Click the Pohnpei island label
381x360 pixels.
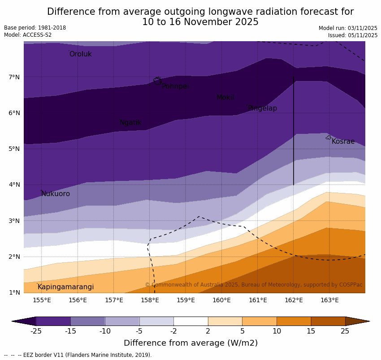[175, 86]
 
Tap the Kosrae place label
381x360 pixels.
[343, 141]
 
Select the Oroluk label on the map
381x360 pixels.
[81, 54]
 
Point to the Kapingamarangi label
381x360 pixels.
[65, 287]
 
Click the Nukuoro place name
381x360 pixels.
[56, 194]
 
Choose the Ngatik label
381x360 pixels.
[130, 123]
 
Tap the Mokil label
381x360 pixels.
[225, 98]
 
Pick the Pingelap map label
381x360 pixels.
[262, 108]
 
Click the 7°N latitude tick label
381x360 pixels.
[14, 77]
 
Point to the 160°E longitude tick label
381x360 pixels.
[221, 300]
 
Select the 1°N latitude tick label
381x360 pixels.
[14, 293]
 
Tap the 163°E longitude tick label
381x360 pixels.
[329, 300]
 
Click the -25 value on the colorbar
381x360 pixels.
[36, 331]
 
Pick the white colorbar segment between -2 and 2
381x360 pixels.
[190, 321]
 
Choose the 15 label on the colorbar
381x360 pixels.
[311, 331]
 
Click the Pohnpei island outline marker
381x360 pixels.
[157, 81]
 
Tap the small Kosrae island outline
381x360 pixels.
[329, 137]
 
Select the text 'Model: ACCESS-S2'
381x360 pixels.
[28, 35]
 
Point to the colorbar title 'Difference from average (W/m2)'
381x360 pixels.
[190, 343]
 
